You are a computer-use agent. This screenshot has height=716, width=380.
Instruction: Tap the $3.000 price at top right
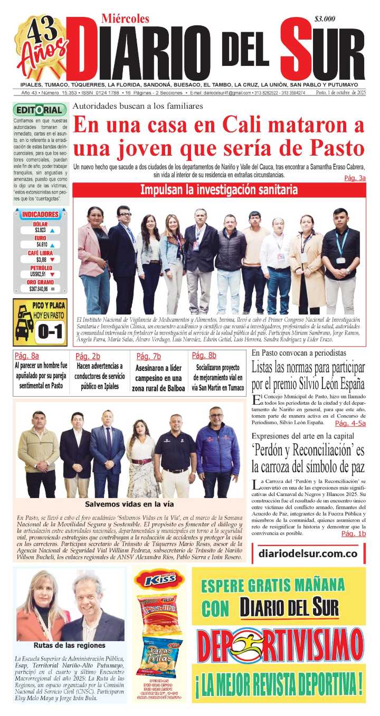(x=325, y=19)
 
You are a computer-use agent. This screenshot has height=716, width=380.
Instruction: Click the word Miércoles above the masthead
(x=126, y=19)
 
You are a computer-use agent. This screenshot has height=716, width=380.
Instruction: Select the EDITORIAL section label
(x=40, y=110)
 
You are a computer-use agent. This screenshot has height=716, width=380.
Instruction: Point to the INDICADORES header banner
(x=40, y=215)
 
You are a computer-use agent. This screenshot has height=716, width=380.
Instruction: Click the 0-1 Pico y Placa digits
(x=50, y=331)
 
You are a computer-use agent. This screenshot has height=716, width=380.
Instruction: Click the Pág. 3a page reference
(x=355, y=178)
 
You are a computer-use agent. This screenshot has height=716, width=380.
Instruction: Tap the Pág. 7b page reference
(x=148, y=356)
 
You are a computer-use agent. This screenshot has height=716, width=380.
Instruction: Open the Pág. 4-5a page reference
(x=350, y=423)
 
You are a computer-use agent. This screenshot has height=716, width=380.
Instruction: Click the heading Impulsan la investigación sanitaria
(x=218, y=190)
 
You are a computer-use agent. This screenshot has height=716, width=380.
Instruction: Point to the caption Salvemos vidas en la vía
(x=129, y=504)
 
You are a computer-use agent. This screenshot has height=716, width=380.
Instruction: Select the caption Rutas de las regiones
(x=70, y=645)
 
